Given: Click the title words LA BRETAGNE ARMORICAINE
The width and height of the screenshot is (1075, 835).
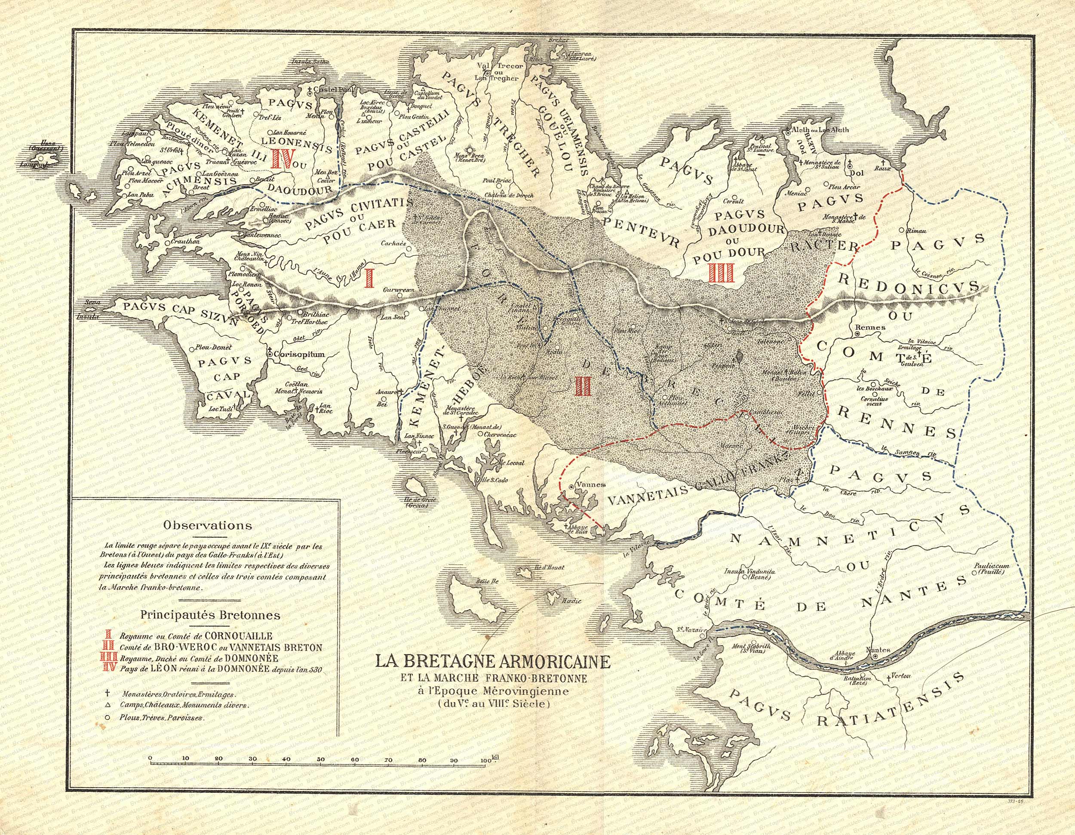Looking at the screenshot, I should point(492,661).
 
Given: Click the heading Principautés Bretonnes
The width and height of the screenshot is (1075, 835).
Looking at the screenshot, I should point(210,615).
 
